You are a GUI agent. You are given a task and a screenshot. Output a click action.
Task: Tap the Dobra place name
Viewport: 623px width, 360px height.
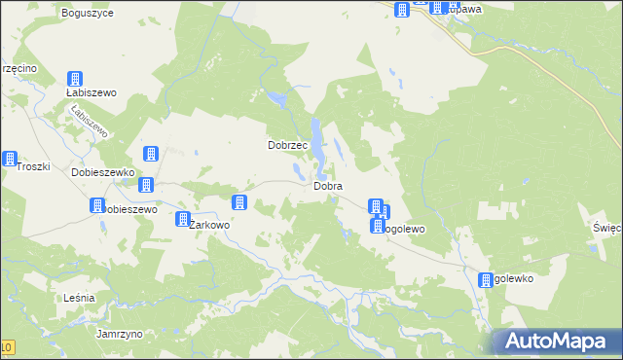327,185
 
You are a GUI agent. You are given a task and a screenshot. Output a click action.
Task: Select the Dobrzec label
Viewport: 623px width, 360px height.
288,145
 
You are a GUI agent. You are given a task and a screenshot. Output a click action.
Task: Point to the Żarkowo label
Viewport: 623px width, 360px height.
209,225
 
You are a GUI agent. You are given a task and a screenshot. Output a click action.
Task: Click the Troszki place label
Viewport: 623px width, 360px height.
33,166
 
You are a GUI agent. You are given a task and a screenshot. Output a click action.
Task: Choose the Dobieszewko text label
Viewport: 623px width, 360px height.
102,171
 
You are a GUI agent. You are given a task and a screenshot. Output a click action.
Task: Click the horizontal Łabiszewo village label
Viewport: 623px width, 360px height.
92,92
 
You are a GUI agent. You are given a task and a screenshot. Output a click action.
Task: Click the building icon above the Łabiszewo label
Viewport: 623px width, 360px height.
75,78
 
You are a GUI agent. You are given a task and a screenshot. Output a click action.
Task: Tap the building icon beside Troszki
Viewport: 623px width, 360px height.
10,159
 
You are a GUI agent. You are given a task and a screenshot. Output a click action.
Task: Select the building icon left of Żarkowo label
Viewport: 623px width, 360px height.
182,219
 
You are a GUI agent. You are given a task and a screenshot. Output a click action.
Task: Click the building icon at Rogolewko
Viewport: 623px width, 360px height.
486,280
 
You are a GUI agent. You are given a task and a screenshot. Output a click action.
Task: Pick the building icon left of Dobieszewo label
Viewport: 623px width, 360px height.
97,205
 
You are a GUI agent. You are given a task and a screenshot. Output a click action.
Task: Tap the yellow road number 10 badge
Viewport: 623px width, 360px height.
7,347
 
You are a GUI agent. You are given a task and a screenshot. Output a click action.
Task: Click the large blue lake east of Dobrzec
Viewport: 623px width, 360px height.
318,136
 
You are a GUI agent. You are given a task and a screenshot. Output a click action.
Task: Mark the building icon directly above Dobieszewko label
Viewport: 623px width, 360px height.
151,153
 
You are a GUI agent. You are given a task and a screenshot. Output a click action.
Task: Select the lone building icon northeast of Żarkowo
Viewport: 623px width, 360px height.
238,202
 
